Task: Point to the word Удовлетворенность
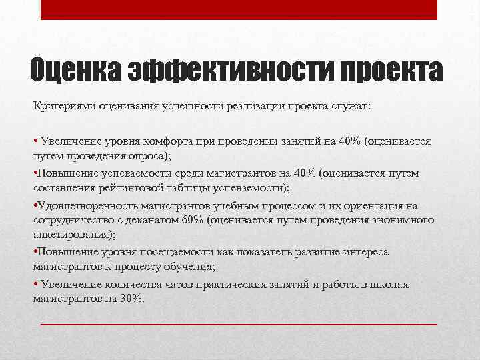tap(83, 206)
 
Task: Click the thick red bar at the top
tap(239, 10)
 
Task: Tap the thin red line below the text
tap(239, 324)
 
